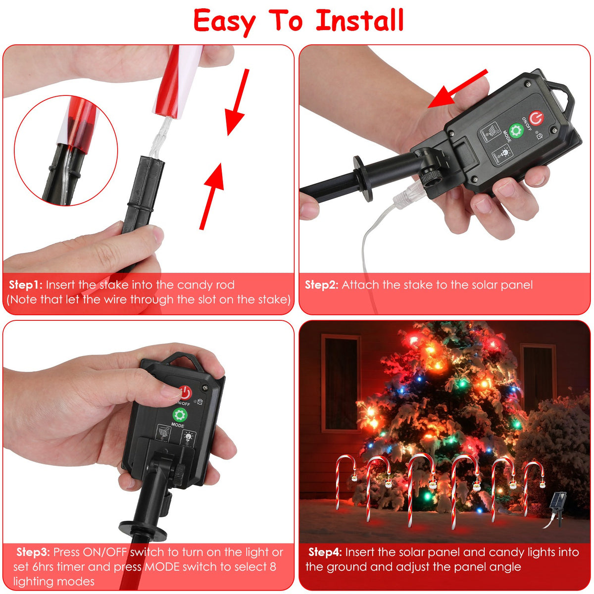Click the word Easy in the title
point(225,22)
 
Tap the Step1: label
point(26,285)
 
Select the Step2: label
point(322,285)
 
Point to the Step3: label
point(33,552)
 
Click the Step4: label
point(325,552)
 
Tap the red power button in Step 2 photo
point(537,118)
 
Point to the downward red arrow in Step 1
point(236,102)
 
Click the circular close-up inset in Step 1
point(66,150)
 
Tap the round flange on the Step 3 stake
point(143,530)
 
